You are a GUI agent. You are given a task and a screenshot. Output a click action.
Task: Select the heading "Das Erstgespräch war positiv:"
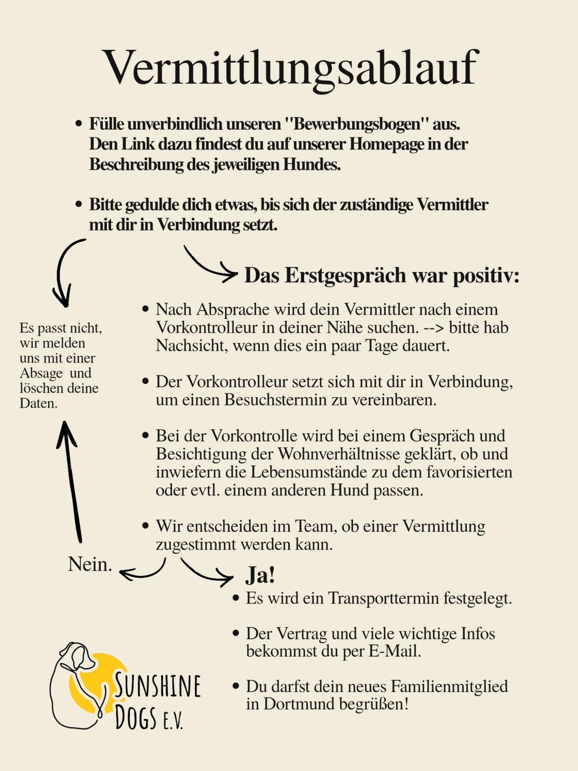[x=382, y=275]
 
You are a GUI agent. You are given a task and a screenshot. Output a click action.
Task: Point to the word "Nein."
[x=90, y=564]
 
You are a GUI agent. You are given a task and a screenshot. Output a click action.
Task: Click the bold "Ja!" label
[x=260, y=575]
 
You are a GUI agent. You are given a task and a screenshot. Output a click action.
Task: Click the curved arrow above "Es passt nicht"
[x=64, y=271]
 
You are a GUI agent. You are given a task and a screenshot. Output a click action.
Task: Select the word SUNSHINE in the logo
[x=157, y=686]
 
